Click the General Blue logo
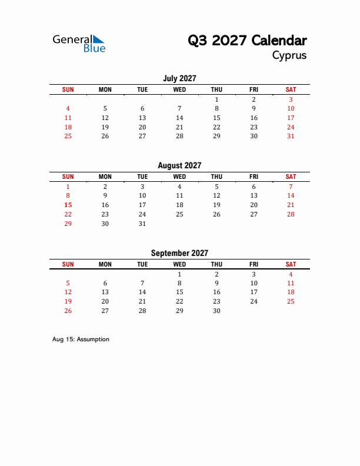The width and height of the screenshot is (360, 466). [x=79, y=43]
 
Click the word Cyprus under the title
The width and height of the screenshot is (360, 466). [x=289, y=56]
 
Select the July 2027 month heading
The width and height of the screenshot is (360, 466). [x=179, y=78]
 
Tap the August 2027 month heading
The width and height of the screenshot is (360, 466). [x=179, y=166]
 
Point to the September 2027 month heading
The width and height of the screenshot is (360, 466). [x=179, y=253]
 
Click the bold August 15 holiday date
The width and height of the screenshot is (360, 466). [x=68, y=205]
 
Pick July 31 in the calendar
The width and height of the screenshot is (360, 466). [x=291, y=136]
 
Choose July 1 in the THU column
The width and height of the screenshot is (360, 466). [x=216, y=99]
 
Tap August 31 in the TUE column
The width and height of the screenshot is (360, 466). [x=142, y=224]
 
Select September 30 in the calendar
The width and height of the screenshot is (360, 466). [x=216, y=311]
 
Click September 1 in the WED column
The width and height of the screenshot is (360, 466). [x=179, y=274]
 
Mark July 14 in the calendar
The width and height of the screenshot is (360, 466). [x=179, y=118]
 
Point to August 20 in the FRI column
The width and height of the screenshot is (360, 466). [x=254, y=205]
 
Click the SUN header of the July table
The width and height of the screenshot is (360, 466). [x=68, y=89]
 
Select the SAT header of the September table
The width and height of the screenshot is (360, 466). [x=291, y=264]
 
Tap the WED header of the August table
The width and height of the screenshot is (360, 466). [x=179, y=177]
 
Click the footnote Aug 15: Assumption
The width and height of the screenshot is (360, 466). [x=81, y=339]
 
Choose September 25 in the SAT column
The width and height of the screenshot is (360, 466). [x=291, y=301]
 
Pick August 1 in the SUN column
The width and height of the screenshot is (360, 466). [x=68, y=186]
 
